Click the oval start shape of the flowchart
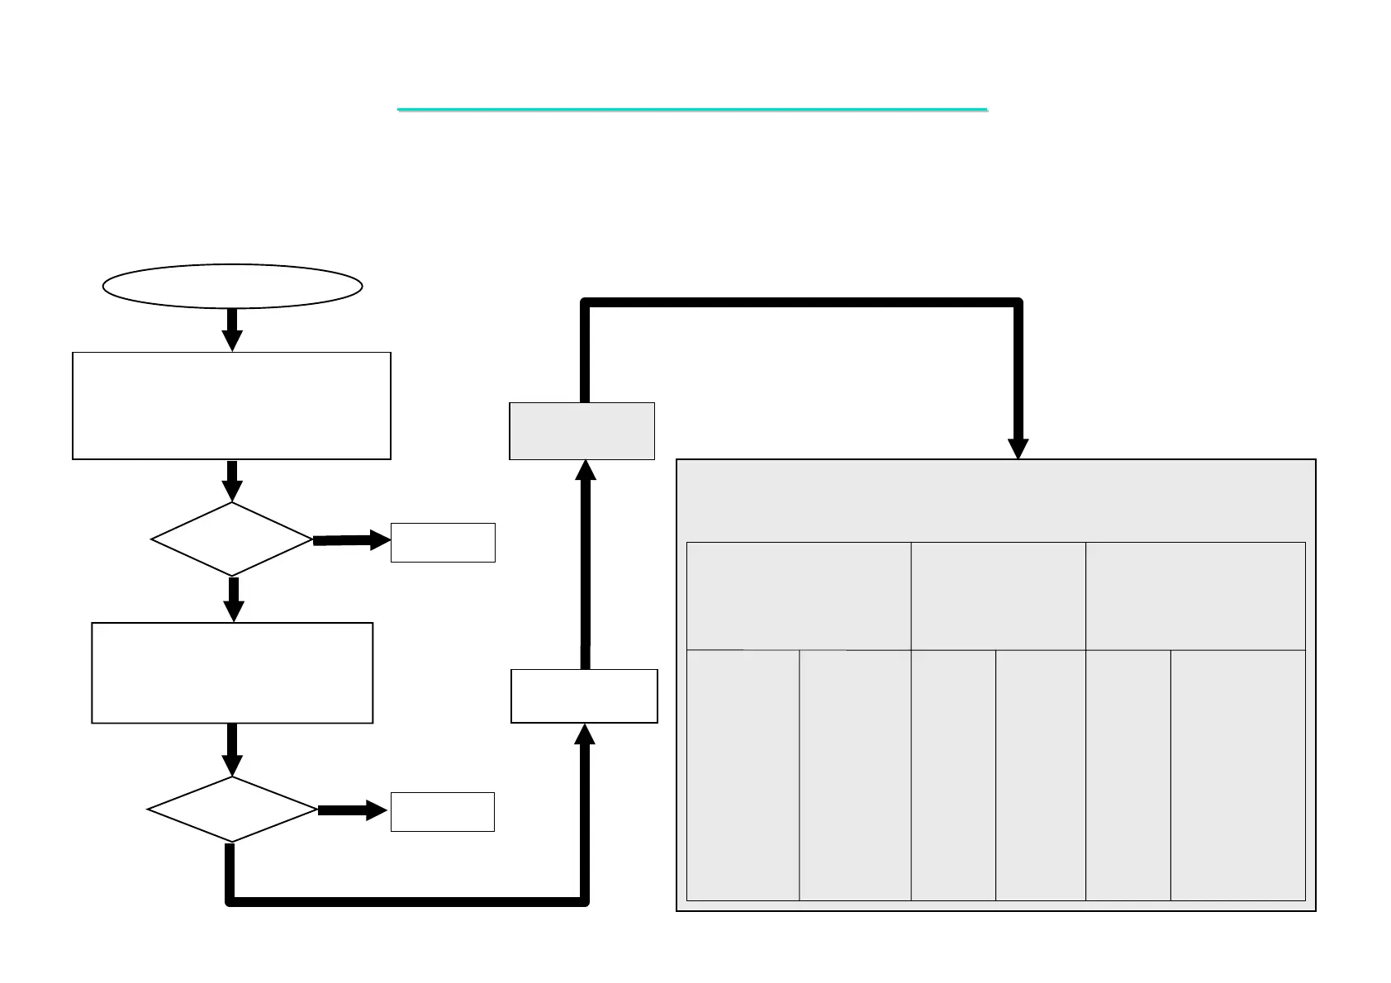232,286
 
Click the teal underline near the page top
692,109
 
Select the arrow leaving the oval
232,330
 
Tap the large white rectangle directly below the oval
231,406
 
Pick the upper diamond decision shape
232,539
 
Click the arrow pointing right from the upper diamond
352,540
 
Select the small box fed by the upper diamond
443,543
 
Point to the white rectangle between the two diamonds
232,673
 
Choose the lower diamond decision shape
232,810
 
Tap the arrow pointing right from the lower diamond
353,810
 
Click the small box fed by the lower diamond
443,811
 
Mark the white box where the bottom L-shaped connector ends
584,696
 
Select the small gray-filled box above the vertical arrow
582,431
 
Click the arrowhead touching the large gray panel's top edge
1018,447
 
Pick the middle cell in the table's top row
998,596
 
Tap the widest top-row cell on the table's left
799,596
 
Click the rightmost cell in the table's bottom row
1237,775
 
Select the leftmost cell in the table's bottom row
743,775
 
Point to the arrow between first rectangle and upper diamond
232,481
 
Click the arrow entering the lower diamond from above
232,750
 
